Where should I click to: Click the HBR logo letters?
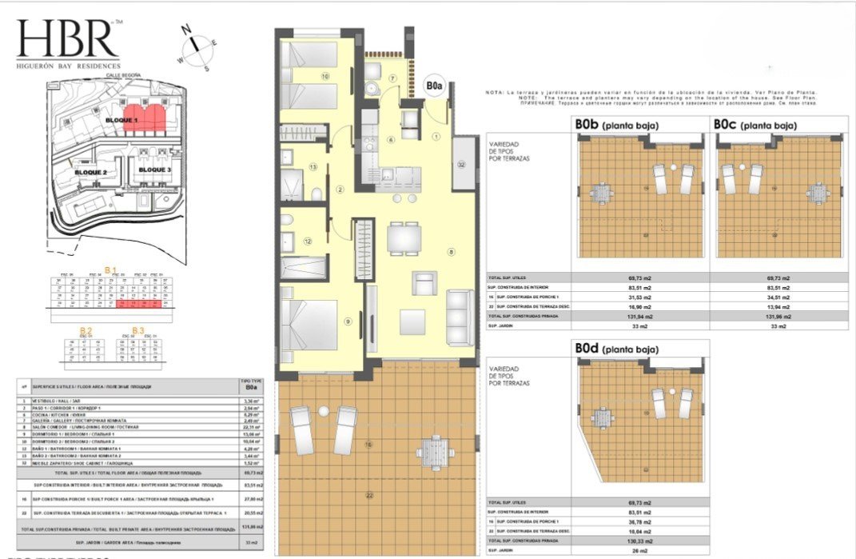click(x=67, y=38)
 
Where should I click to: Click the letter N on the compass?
click(x=189, y=31)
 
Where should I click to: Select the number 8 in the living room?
click(x=452, y=253)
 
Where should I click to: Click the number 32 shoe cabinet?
click(x=461, y=163)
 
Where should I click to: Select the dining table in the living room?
click(x=400, y=238)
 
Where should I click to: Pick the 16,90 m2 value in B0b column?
click(x=640, y=305)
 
